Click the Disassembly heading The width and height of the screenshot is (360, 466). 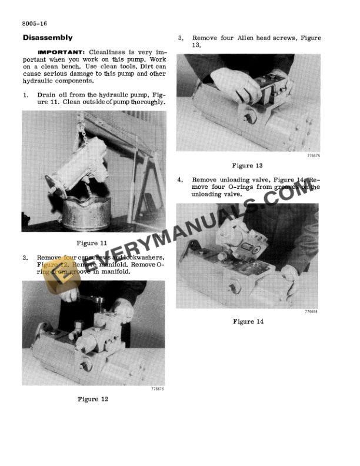pyautogui.click(x=47, y=38)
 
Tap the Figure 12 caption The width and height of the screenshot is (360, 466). pyautogui.click(x=93, y=399)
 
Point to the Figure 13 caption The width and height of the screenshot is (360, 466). pyautogui.click(x=247, y=165)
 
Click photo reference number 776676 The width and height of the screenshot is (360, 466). pyautogui.click(x=157, y=388)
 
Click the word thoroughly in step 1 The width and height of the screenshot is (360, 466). pyautogui.click(x=146, y=102)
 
